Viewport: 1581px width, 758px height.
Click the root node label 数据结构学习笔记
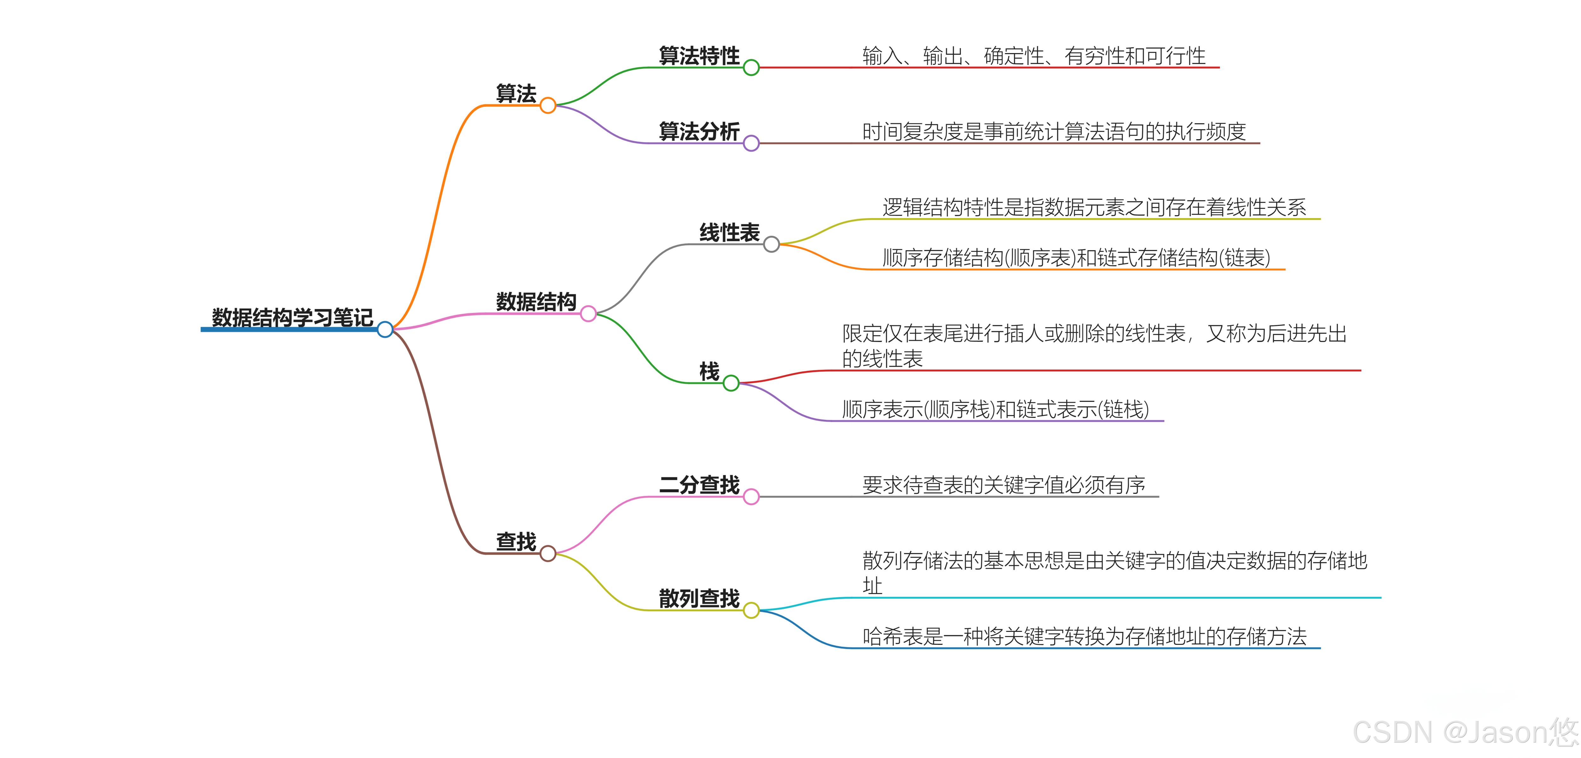click(292, 317)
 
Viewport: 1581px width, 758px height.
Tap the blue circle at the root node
click(385, 330)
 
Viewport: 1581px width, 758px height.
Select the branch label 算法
click(515, 94)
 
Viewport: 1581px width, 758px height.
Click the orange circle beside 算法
click(548, 106)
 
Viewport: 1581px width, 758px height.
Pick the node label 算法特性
click(699, 56)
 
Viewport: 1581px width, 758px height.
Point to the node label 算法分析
click(699, 131)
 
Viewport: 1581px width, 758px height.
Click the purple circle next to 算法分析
click(751, 144)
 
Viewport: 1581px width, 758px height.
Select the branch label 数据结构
click(536, 302)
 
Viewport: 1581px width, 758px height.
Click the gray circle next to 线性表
click(772, 244)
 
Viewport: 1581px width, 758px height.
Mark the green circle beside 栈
click(731, 384)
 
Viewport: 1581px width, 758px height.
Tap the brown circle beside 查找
click(548, 553)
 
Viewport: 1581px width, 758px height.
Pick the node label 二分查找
click(699, 485)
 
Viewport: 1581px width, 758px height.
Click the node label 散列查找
click(699, 598)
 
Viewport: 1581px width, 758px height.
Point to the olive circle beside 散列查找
click(751, 611)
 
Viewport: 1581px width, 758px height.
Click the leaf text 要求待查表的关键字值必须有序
click(1004, 485)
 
